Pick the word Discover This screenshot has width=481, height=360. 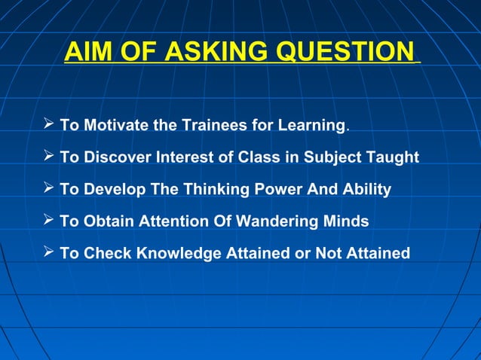pyautogui.click(x=115, y=157)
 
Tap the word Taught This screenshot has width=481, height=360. pyautogui.click(x=393, y=157)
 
